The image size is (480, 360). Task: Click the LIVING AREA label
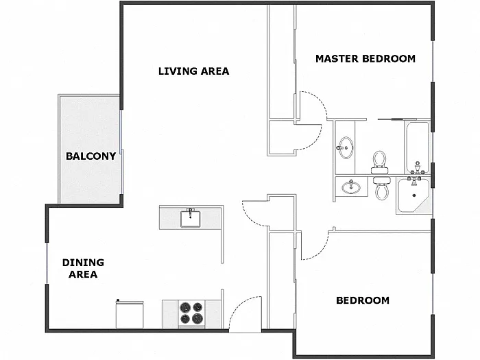click(193, 71)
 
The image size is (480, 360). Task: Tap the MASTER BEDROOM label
click(365, 58)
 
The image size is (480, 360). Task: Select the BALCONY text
click(91, 156)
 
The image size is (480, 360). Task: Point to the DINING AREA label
click(83, 268)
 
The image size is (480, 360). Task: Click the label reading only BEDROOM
click(362, 300)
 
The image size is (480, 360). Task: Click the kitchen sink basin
click(191, 219)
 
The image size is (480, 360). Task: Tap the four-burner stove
click(191, 313)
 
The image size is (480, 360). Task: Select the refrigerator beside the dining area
click(130, 314)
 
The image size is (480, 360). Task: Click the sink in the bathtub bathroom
click(346, 146)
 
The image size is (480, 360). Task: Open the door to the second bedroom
click(312, 247)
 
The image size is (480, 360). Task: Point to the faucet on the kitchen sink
click(191, 211)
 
